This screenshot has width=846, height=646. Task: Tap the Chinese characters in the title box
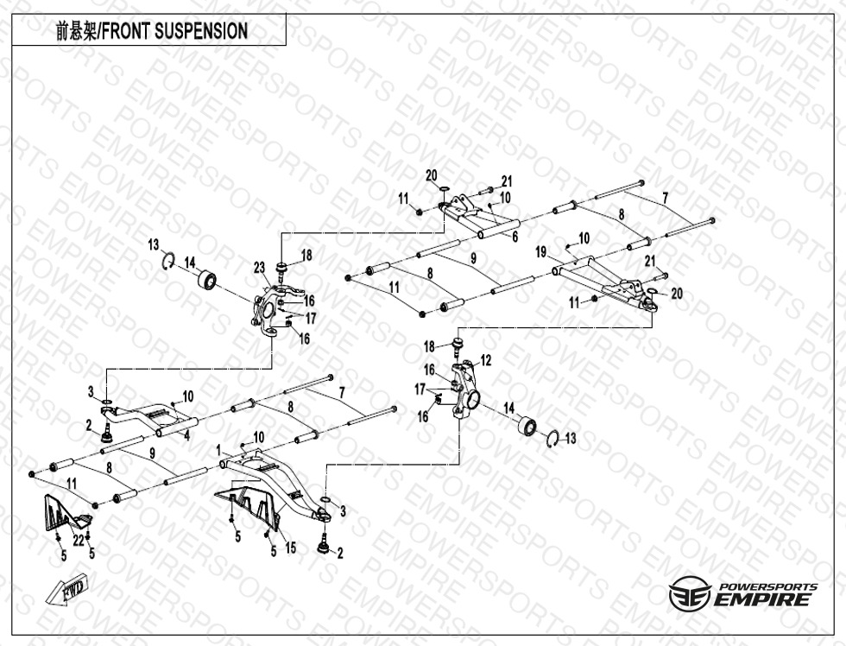coord(75,32)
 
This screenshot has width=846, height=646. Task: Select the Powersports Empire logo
coord(742,595)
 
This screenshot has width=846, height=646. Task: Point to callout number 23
coord(258,268)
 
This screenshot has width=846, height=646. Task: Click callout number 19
coord(540,252)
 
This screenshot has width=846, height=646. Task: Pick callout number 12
coord(485,359)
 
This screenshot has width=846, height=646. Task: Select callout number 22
coord(78,541)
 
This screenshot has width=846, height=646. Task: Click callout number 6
coord(515,236)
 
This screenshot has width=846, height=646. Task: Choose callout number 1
coord(219,449)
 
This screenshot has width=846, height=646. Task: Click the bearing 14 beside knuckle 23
coord(208,281)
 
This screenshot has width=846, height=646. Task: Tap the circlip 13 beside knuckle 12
coord(554,440)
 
